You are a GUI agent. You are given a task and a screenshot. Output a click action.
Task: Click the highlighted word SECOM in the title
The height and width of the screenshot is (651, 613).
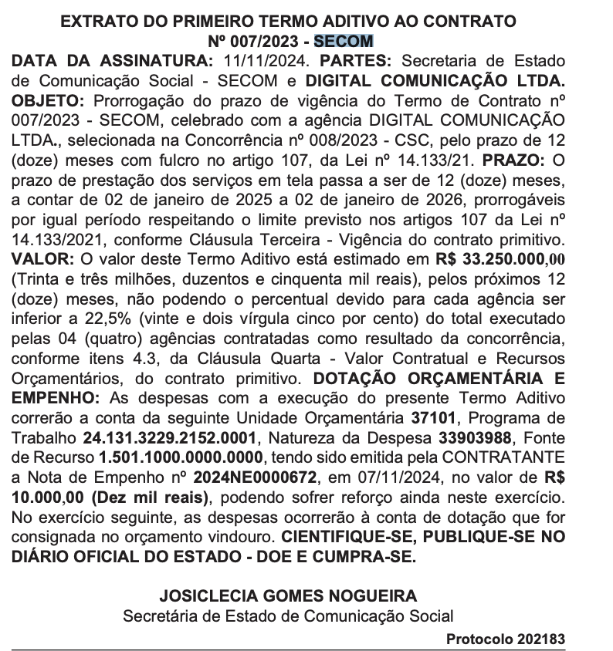pyautogui.click(x=347, y=41)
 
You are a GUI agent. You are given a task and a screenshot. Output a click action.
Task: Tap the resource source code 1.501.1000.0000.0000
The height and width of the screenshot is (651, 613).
pyautogui.click(x=187, y=457)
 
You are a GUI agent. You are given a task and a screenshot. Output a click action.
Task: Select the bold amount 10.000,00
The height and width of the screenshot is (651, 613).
pyautogui.click(x=46, y=496)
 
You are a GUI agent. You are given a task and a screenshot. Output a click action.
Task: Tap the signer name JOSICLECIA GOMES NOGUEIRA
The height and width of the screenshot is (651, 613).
pyautogui.click(x=288, y=596)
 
